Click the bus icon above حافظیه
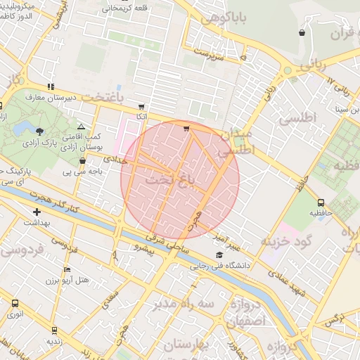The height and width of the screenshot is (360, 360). pos(321,203)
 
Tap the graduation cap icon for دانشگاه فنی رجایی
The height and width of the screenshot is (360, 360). pos(219,255)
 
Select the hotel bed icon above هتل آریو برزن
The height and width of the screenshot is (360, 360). pos(67,269)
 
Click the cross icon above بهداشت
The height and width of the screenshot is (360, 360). pos(37,212)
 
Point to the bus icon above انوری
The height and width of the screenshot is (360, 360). pos(15,303)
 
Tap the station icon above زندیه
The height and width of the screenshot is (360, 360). pos(54,329)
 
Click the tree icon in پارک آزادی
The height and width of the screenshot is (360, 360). pos(39,131)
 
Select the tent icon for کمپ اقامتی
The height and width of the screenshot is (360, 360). pos(81,125)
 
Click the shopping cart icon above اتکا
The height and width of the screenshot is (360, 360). pos(141,106)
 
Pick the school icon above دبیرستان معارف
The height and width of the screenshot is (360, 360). pos(50,86)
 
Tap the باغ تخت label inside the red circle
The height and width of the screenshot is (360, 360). pos(169,181)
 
